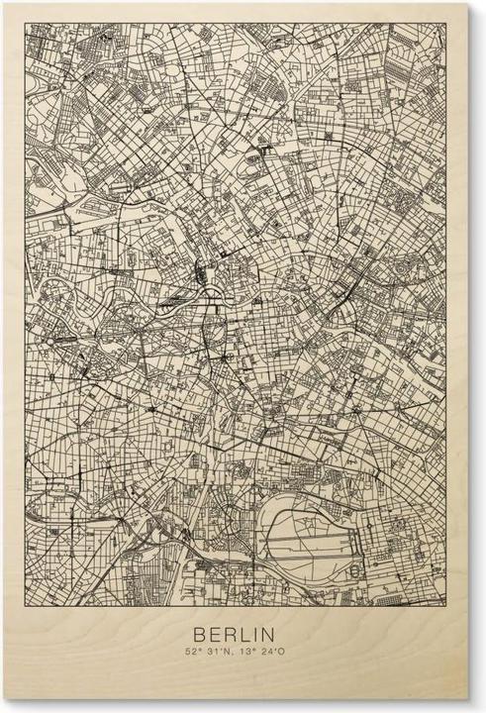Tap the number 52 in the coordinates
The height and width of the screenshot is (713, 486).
(x=188, y=652)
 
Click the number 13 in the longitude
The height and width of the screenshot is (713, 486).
(x=246, y=652)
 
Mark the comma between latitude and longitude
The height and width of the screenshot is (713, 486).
(x=234, y=655)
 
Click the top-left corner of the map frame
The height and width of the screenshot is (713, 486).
(x=26, y=23)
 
